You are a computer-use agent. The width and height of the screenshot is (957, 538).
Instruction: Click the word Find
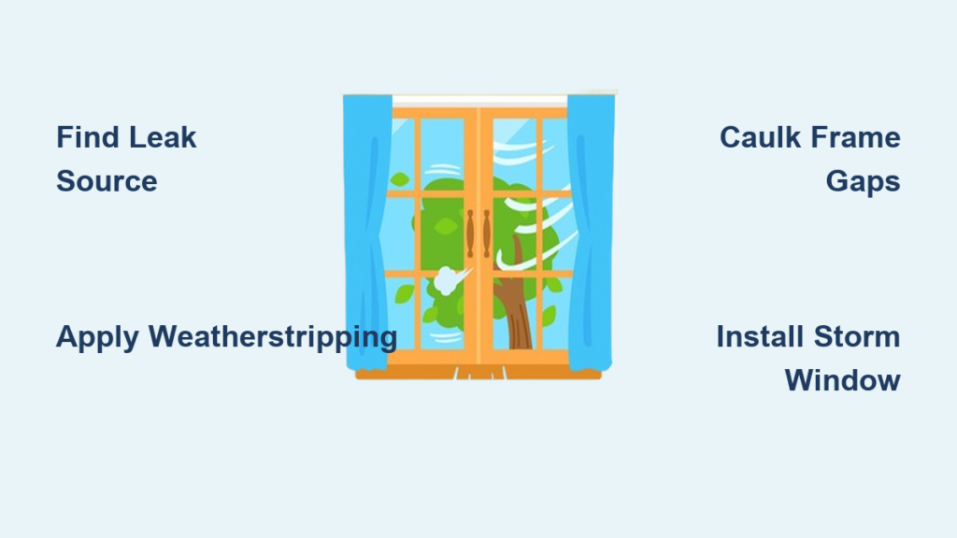pyautogui.click(x=86, y=137)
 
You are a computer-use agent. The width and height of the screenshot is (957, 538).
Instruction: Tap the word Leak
pyautogui.click(x=163, y=137)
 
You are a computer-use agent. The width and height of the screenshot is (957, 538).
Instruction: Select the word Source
pyautogui.click(x=107, y=181)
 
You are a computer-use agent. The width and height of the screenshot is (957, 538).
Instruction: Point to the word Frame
pyautogui.click(x=851, y=137)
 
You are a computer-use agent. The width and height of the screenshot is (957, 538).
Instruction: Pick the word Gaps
pyautogui.click(x=863, y=182)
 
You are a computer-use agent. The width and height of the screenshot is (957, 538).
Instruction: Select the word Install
pyautogui.click(x=759, y=336)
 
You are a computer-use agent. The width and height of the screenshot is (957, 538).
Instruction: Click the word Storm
pyautogui.click(x=857, y=336)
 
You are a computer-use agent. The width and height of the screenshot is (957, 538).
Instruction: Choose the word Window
pyautogui.click(x=842, y=381)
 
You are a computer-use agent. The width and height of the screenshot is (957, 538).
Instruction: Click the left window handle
pyautogui.click(x=470, y=233)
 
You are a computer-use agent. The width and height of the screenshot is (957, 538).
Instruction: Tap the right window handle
pyautogui.click(x=487, y=233)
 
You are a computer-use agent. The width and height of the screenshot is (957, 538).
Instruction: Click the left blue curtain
pyautogui.click(x=366, y=232)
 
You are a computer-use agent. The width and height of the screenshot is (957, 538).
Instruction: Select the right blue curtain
pyautogui.click(x=590, y=232)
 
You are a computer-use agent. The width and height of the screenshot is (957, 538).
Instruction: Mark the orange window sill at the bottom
pyautogui.click(x=478, y=372)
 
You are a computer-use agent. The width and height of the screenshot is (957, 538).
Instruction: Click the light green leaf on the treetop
pyautogui.click(x=446, y=226)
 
